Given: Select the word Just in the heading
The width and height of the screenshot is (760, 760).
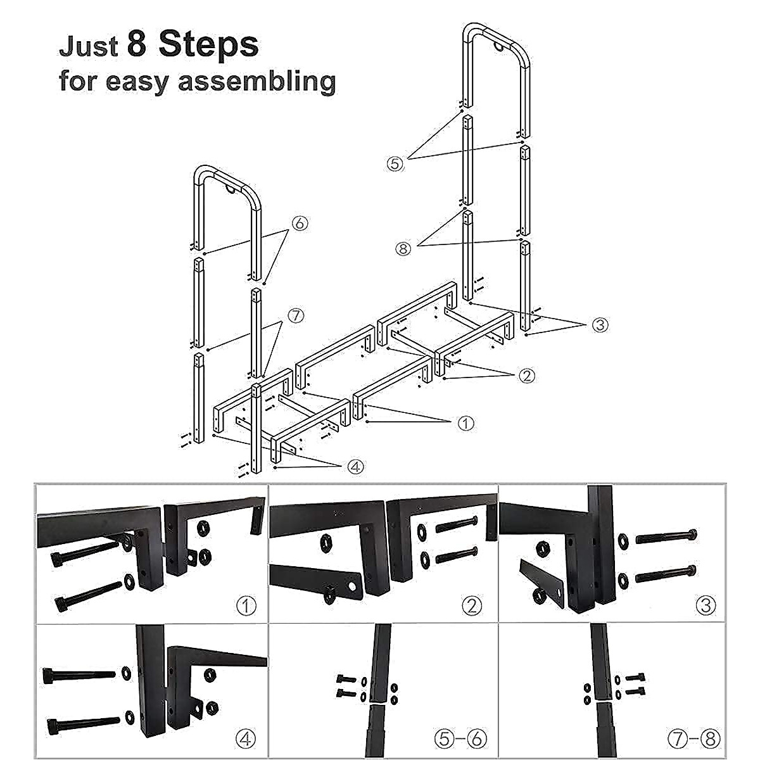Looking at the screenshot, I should click(x=88, y=47).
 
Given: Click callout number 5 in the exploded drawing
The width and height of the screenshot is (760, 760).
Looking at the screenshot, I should click(x=395, y=163).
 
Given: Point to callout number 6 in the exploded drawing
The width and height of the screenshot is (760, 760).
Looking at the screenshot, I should click(x=300, y=223).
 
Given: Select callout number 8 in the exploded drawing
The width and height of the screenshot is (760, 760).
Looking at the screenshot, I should click(x=403, y=248).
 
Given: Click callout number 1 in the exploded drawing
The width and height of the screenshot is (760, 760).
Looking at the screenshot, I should click(x=465, y=423).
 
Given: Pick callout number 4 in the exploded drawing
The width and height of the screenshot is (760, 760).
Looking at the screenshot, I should click(x=355, y=467).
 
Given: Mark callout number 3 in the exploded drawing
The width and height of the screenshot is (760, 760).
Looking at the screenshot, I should click(x=600, y=325).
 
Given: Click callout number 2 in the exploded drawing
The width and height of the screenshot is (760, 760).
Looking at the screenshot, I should click(x=526, y=376).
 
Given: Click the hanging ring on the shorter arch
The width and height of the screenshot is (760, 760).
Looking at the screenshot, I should click(x=232, y=189).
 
